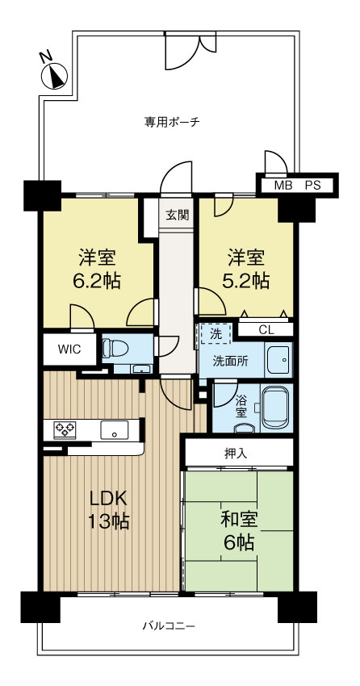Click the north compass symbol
[x=54, y=77]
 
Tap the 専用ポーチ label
[x=173, y=122]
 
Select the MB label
[x=283, y=186]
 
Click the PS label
[x=312, y=186]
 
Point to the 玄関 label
[x=177, y=215]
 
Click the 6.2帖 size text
[x=97, y=281]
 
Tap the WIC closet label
[x=69, y=349]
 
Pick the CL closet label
[x=266, y=330]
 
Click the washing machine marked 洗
[x=216, y=334]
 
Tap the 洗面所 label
[x=231, y=361]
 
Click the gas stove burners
[x=65, y=429]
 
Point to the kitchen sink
[x=115, y=429]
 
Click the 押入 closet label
[x=236, y=454]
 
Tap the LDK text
[x=108, y=499]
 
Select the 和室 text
[x=239, y=521]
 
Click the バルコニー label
[x=169, y=626]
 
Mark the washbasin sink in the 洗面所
[x=278, y=360]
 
